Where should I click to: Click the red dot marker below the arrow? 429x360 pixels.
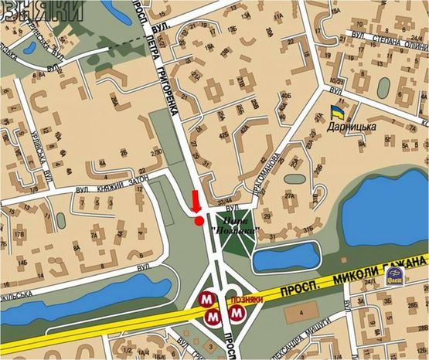pyautogui.click(x=199, y=221)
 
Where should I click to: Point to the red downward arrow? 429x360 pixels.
pyautogui.click(x=196, y=201)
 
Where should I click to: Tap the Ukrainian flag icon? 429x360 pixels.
pyautogui.click(x=336, y=111)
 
